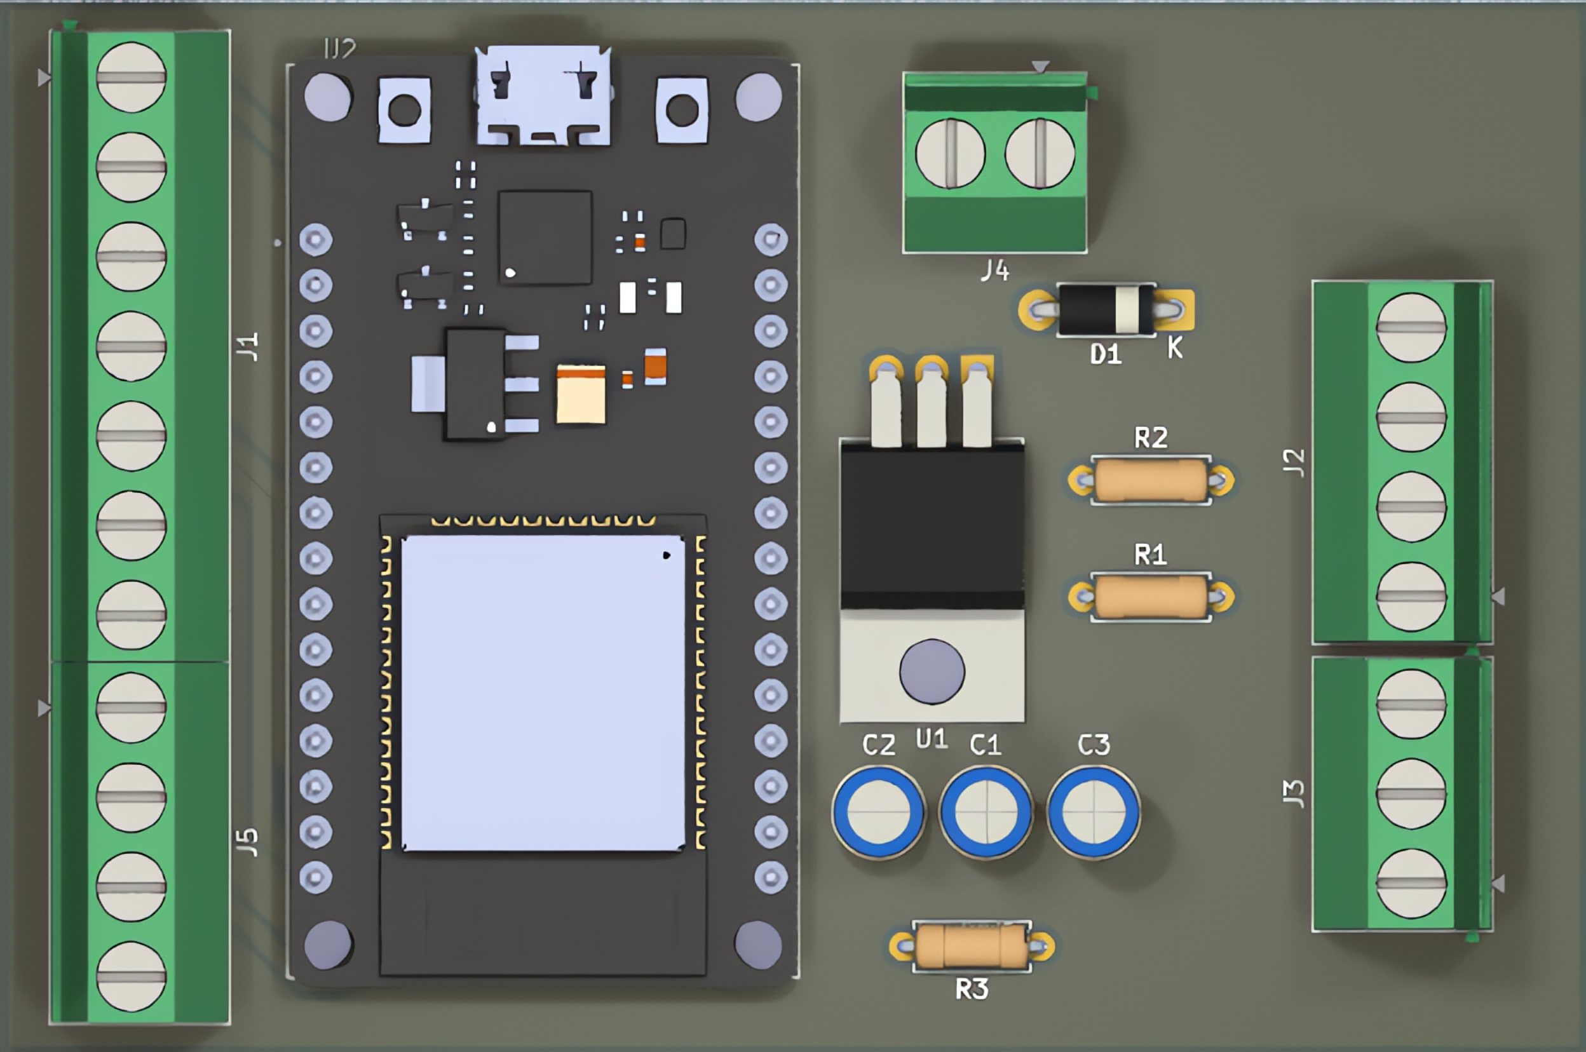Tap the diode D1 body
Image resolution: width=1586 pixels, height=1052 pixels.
pyautogui.click(x=1106, y=310)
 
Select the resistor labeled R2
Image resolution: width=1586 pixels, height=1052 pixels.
pyautogui.click(x=1151, y=480)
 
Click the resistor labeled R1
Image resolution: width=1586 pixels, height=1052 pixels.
pyautogui.click(x=1151, y=597)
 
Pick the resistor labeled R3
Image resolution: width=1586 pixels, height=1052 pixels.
pyautogui.click(x=972, y=946)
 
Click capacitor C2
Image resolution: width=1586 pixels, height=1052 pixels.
pyautogui.click(x=878, y=812)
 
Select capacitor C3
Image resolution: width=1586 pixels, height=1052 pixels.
pyautogui.click(x=1094, y=812)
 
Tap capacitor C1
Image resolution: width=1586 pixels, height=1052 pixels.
pyautogui.click(x=986, y=812)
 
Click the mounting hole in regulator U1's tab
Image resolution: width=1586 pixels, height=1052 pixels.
pyautogui.click(x=932, y=671)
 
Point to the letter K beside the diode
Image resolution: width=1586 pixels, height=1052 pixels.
pyautogui.click(x=1175, y=347)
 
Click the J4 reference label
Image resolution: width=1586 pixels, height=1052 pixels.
pyautogui.click(x=994, y=271)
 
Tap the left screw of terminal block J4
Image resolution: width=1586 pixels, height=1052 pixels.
pyautogui.click(x=950, y=154)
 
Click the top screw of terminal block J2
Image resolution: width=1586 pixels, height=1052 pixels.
pyautogui.click(x=1411, y=327)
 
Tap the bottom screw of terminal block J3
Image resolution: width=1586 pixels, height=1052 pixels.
pyautogui.click(x=1411, y=884)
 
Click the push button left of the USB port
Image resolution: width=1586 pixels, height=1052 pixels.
pyautogui.click(x=404, y=111)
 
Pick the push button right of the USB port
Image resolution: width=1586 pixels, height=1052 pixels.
pyautogui.click(x=682, y=111)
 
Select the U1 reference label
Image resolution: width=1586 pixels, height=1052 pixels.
pyautogui.click(x=932, y=739)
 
